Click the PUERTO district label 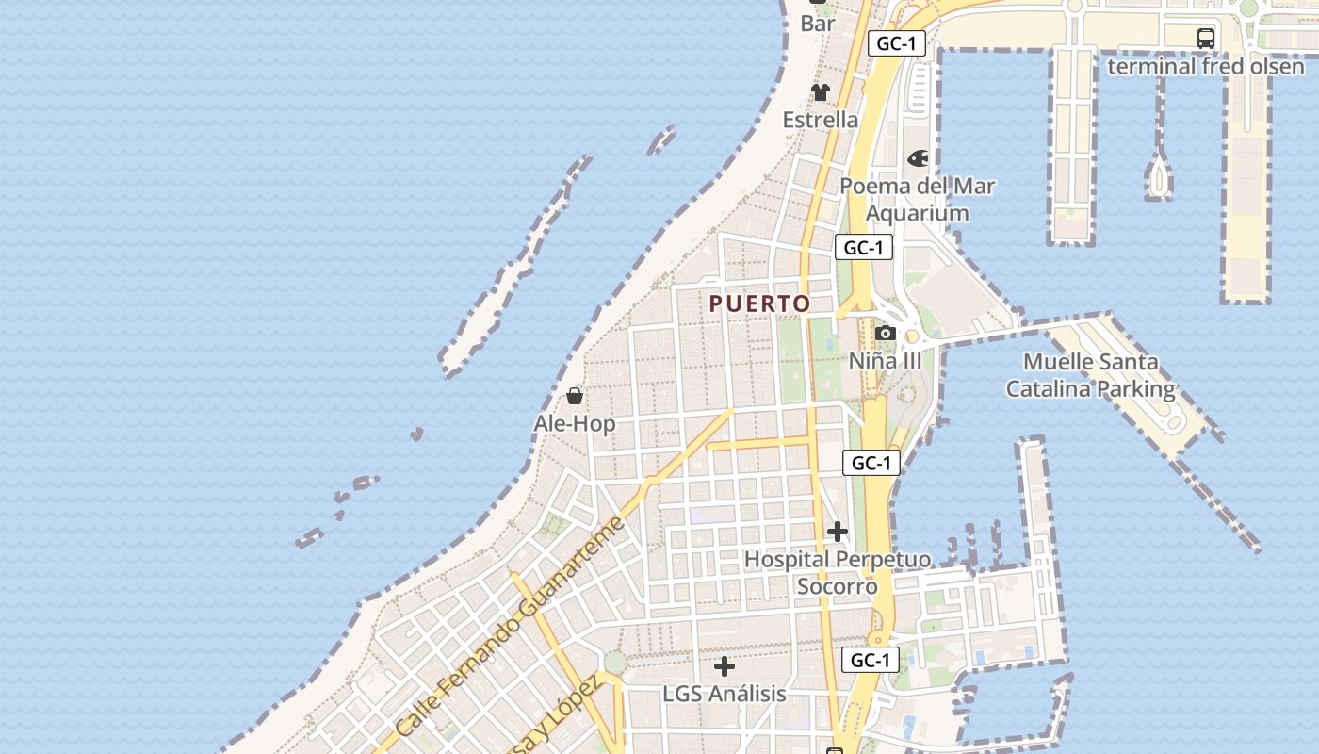[x=759, y=303]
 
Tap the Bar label [x=818, y=24]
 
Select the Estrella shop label [x=821, y=120]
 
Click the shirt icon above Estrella [x=821, y=91]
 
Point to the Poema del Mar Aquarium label [x=917, y=199]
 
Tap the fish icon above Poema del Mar [x=918, y=158]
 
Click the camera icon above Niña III [x=885, y=333]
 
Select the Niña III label [x=885, y=361]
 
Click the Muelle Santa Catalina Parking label [x=1091, y=375]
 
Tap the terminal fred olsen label [x=1205, y=66]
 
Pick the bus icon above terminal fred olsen [x=1205, y=39]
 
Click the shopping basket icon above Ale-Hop [x=575, y=396]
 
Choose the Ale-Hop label [x=575, y=424]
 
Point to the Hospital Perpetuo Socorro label [x=838, y=572]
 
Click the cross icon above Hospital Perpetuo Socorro [x=838, y=533]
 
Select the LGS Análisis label [x=724, y=694]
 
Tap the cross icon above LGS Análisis [x=724, y=667]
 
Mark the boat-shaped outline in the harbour [x=1159, y=176]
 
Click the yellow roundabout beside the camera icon [x=912, y=336]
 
